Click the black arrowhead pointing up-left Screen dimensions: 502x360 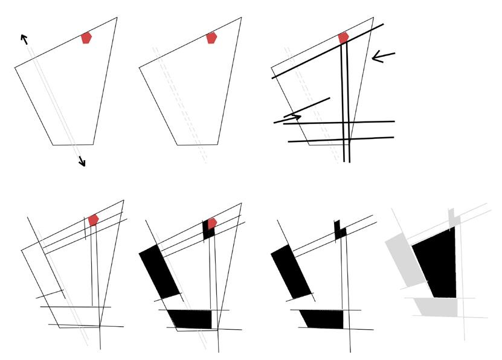[x=24, y=39]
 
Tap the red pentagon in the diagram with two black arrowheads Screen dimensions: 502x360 [x=86, y=38]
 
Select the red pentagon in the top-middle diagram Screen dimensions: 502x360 [x=211, y=38]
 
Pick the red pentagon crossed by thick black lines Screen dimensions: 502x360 [x=343, y=38]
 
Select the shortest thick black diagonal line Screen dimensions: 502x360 [x=307, y=107]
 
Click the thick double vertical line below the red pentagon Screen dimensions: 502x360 [x=344, y=103]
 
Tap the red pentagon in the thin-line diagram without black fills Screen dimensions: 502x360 [x=93, y=220]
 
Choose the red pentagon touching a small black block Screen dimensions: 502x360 [x=212, y=223]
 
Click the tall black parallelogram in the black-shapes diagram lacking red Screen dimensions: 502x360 [x=291, y=271]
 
